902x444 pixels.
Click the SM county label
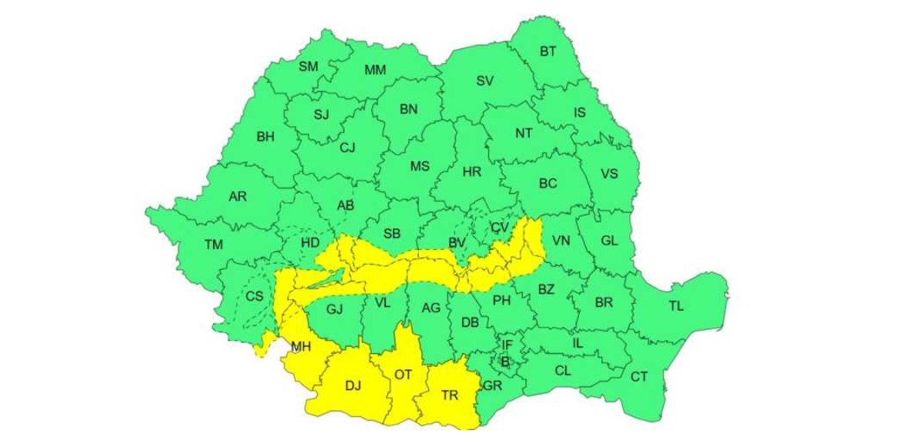308,66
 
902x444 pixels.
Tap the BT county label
548,52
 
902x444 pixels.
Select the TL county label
675,305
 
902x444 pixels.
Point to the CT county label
639,376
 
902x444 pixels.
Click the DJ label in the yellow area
353,386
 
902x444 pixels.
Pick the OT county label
403,375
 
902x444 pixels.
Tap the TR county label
450,395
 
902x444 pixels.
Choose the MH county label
301,347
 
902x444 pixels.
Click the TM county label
214,245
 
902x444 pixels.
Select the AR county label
238,197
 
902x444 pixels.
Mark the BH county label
265,137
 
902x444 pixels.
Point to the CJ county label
347,148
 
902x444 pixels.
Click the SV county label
484,81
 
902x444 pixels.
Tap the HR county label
471,172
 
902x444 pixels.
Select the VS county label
609,174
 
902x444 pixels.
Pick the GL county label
609,241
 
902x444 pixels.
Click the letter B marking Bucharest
505,361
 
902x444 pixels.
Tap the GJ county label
335,309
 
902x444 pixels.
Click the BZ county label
546,290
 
